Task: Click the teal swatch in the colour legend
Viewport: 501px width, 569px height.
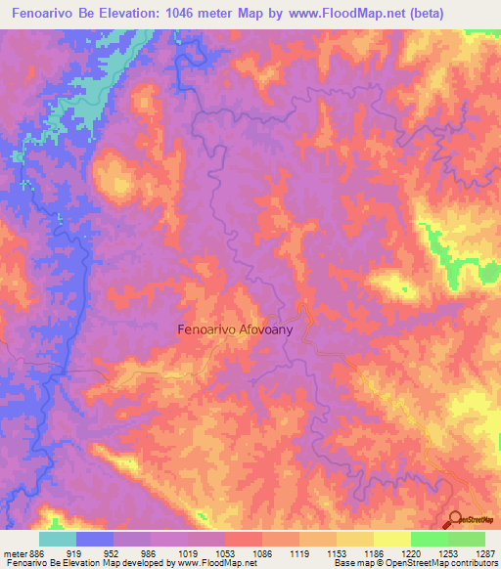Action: click(58, 539)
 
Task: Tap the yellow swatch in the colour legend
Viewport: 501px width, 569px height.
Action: click(391, 539)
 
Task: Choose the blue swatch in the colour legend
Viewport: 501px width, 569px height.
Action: click(95, 539)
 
